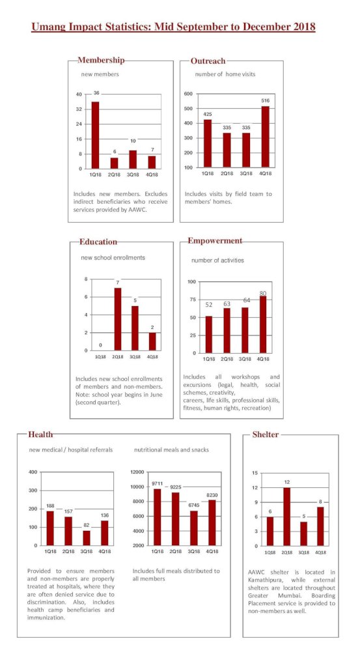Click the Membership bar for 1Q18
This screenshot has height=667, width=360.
[95, 135]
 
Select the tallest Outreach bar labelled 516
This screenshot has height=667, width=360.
[265, 136]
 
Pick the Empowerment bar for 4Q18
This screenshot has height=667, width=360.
[263, 324]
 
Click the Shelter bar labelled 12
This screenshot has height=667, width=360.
[287, 517]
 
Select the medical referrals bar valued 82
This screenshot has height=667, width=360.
[87, 537]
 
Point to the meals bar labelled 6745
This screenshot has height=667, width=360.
[194, 528]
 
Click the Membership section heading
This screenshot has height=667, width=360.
[101, 61]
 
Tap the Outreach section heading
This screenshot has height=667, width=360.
[208, 61]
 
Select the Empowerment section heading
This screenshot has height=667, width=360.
[215, 241]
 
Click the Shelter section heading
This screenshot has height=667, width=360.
[266, 434]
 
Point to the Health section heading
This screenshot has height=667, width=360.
[41, 434]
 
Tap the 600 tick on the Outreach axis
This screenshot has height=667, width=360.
[188, 94]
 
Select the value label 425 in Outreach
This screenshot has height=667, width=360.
[208, 114]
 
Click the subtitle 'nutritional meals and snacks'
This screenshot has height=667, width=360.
[171, 449]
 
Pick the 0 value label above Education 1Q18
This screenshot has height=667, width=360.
[100, 345]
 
